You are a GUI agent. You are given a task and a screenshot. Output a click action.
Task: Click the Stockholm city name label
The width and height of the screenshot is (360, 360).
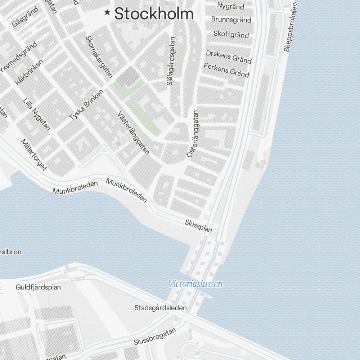154,14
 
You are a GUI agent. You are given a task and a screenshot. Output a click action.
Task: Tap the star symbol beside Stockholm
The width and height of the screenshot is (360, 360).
107,13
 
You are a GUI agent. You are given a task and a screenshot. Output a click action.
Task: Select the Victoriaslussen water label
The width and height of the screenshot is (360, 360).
195,284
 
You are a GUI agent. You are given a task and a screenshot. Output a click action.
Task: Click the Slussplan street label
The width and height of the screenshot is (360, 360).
198,226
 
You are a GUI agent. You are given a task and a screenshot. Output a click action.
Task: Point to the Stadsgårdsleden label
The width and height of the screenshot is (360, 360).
161,308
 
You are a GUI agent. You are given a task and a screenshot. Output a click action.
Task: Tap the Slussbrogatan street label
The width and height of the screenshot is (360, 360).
155,336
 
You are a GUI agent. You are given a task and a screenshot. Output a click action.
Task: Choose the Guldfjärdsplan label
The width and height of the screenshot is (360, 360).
38,287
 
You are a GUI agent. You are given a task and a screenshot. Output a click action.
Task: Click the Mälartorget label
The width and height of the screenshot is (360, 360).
34,155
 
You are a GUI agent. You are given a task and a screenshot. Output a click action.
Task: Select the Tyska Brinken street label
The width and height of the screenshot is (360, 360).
86,105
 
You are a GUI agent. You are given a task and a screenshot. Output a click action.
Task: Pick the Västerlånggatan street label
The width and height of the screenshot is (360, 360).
133,132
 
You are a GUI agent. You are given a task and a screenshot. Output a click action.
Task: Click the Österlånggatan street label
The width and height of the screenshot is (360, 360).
193,134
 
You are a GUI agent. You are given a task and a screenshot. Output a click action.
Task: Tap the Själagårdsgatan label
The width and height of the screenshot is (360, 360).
170,61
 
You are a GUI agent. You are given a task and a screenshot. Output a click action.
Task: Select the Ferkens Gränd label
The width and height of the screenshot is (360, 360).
226,70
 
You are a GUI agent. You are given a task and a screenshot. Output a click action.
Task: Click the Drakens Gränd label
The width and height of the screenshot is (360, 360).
228,57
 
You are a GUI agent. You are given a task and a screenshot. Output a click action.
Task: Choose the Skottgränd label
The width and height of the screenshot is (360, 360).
231,34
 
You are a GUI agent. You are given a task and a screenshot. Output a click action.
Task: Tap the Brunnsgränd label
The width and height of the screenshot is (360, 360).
231,19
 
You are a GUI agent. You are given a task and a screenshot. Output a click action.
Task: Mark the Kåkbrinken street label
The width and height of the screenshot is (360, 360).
29,72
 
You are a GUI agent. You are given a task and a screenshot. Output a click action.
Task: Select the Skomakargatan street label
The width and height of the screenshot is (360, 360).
99,57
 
